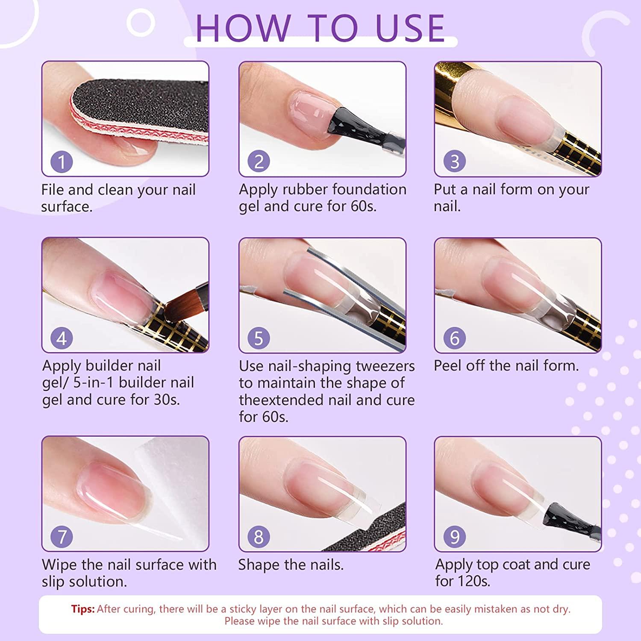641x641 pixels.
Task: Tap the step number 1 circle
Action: (x=62, y=162)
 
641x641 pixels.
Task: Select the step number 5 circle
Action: (x=259, y=338)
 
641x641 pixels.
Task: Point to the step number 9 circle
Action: (x=455, y=537)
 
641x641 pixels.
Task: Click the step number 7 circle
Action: (x=62, y=537)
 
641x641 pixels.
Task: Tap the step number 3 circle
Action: (x=455, y=162)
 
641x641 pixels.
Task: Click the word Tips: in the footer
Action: (x=83, y=609)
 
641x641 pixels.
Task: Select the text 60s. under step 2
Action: (x=363, y=207)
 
